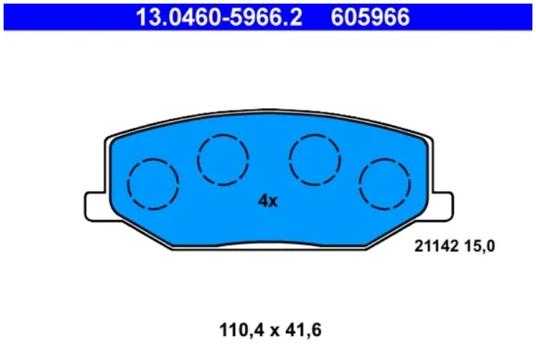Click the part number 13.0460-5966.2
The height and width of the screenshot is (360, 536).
219,17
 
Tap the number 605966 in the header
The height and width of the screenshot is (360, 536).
370,17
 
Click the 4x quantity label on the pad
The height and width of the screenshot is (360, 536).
268,201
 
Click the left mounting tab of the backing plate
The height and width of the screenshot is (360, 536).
96,206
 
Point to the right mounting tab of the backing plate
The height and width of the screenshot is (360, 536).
442,206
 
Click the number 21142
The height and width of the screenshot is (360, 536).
436,246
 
